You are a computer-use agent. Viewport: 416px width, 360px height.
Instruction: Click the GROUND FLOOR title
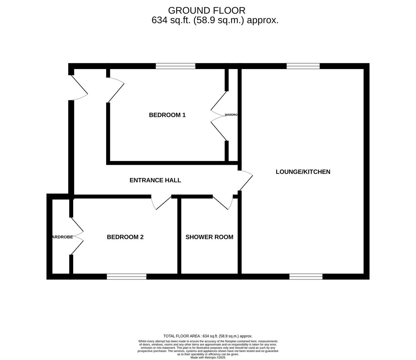point(207,10)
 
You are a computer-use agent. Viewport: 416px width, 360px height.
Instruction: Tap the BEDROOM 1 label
point(167,115)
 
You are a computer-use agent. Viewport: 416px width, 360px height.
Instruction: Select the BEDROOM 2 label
point(125,237)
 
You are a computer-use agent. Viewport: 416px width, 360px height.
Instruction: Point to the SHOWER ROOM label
point(209,237)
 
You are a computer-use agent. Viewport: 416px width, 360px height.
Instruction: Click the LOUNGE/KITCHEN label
point(303,172)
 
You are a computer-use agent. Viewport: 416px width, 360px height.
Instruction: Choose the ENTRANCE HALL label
point(155,180)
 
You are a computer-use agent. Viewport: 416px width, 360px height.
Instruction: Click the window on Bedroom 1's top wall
point(175,66)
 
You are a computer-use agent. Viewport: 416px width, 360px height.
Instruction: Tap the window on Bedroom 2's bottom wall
point(127,276)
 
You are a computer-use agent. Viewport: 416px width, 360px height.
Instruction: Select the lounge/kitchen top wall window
point(303,66)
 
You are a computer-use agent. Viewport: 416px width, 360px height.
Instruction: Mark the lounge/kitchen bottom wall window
point(306,276)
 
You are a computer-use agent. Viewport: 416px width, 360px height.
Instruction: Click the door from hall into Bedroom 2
point(162,203)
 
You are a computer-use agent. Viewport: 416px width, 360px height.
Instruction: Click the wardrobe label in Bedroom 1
point(231,115)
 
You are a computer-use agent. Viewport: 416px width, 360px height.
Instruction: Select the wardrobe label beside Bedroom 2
point(62,237)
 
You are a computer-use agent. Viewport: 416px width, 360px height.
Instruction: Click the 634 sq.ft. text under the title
point(215,20)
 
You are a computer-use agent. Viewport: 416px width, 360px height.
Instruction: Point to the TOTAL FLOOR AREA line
point(208,336)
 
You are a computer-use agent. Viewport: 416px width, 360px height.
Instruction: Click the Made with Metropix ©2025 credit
point(208,357)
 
